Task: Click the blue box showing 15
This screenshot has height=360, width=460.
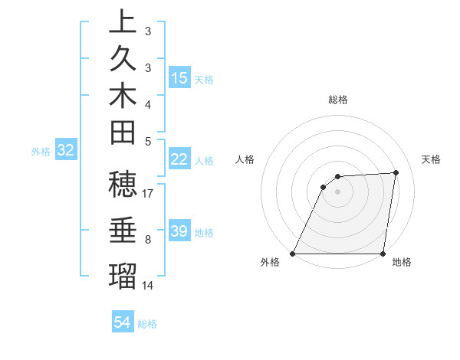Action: point(179,78)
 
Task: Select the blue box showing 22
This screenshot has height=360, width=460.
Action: point(179,159)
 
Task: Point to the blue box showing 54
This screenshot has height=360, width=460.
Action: point(123,322)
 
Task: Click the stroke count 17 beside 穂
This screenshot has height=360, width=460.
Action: point(148,194)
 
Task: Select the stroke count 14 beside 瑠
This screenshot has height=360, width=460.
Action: point(148,286)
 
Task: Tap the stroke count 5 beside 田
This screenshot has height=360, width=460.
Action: point(148,141)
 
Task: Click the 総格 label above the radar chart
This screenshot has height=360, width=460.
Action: point(338,100)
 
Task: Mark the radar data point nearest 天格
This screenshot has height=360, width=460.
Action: point(396,172)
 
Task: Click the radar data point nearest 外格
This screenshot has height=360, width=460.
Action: point(293,254)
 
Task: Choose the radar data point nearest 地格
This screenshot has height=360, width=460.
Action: point(383,254)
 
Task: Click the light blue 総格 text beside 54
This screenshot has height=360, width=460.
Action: point(147,324)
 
